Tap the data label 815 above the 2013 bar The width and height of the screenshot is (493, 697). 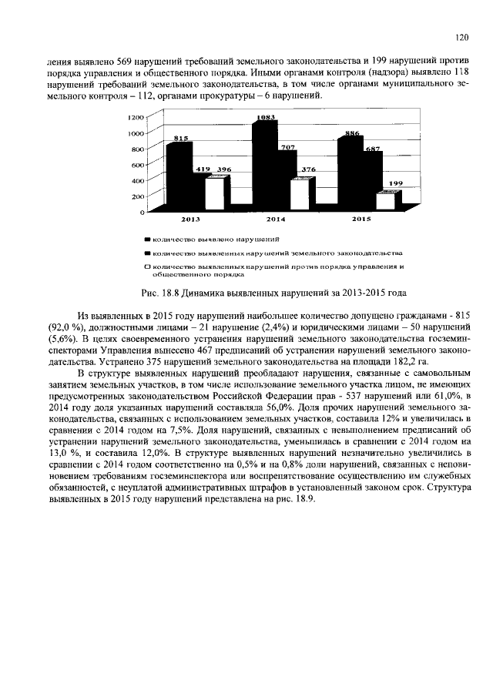tap(181, 138)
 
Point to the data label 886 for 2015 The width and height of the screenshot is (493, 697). tap(353, 133)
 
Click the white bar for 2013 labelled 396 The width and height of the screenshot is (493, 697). tap(221, 193)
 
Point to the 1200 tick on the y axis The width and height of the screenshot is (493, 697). tap(136, 117)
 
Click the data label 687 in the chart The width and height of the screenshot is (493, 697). tap(373, 149)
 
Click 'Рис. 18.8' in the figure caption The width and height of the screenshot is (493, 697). tap(161, 293)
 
